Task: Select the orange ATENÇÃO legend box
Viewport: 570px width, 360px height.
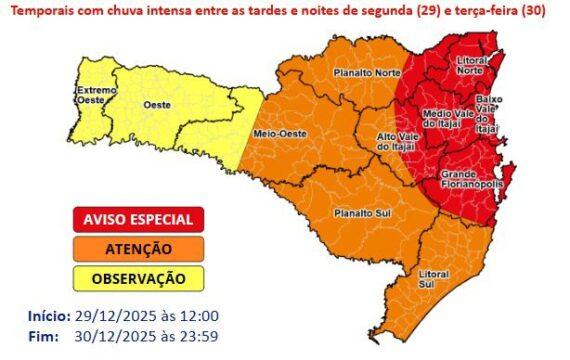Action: click(x=138, y=248)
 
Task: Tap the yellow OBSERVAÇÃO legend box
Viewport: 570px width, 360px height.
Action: click(x=138, y=277)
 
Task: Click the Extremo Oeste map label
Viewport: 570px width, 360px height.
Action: click(x=96, y=95)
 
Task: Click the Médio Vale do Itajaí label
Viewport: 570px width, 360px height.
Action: click(x=448, y=119)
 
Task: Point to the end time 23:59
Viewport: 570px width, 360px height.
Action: click(x=198, y=335)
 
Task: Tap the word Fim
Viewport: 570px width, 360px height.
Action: click(x=42, y=335)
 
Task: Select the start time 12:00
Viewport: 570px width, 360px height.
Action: click(x=198, y=316)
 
